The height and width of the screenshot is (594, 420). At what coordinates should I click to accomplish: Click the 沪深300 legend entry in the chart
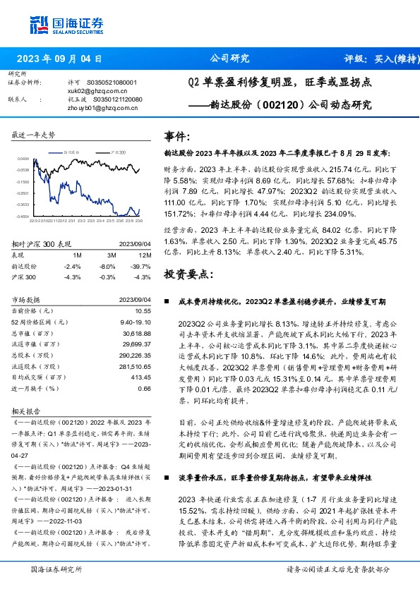coord(116,152)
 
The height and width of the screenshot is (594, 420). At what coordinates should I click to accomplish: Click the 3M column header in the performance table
coord(112,255)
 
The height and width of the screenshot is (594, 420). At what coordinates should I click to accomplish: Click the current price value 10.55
coord(143,310)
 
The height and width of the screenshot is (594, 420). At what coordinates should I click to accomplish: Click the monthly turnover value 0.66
coord(144,388)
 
